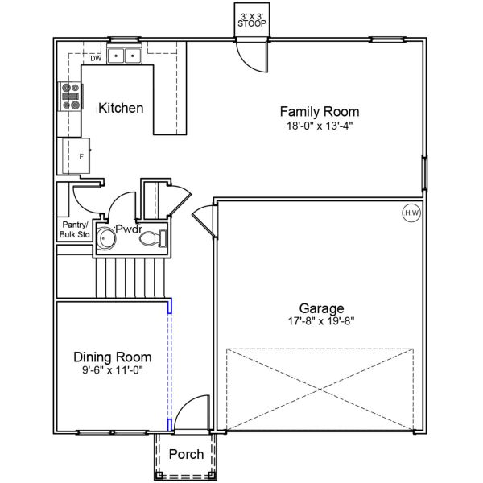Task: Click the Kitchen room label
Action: pyautogui.click(x=121, y=108)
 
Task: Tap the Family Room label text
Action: pyautogui.click(x=320, y=112)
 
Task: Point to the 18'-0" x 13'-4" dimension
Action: pyautogui.click(x=320, y=126)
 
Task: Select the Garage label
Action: pyautogui.click(x=321, y=308)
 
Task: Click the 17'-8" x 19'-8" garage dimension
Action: pyautogui.click(x=321, y=321)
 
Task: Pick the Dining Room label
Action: pyautogui.click(x=113, y=357)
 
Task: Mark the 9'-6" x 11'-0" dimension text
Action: pyautogui.click(x=113, y=369)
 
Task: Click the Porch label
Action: pyautogui.click(x=186, y=454)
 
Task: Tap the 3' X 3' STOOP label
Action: pyautogui.click(x=252, y=20)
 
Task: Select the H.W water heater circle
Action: pyautogui.click(x=411, y=213)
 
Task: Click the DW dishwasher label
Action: pyautogui.click(x=96, y=59)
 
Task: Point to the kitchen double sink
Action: pyautogui.click(x=124, y=56)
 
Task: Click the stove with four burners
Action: pyautogui.click(x=71, y=97)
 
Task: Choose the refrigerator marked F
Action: pyautogui.click(x=76, y=156)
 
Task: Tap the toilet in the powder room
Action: pyautogui.click(x=153, y=238)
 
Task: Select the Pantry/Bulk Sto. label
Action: pyautogui.click(x=76, y=229)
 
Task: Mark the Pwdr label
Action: pyautogui.click(x=129, y=229)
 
